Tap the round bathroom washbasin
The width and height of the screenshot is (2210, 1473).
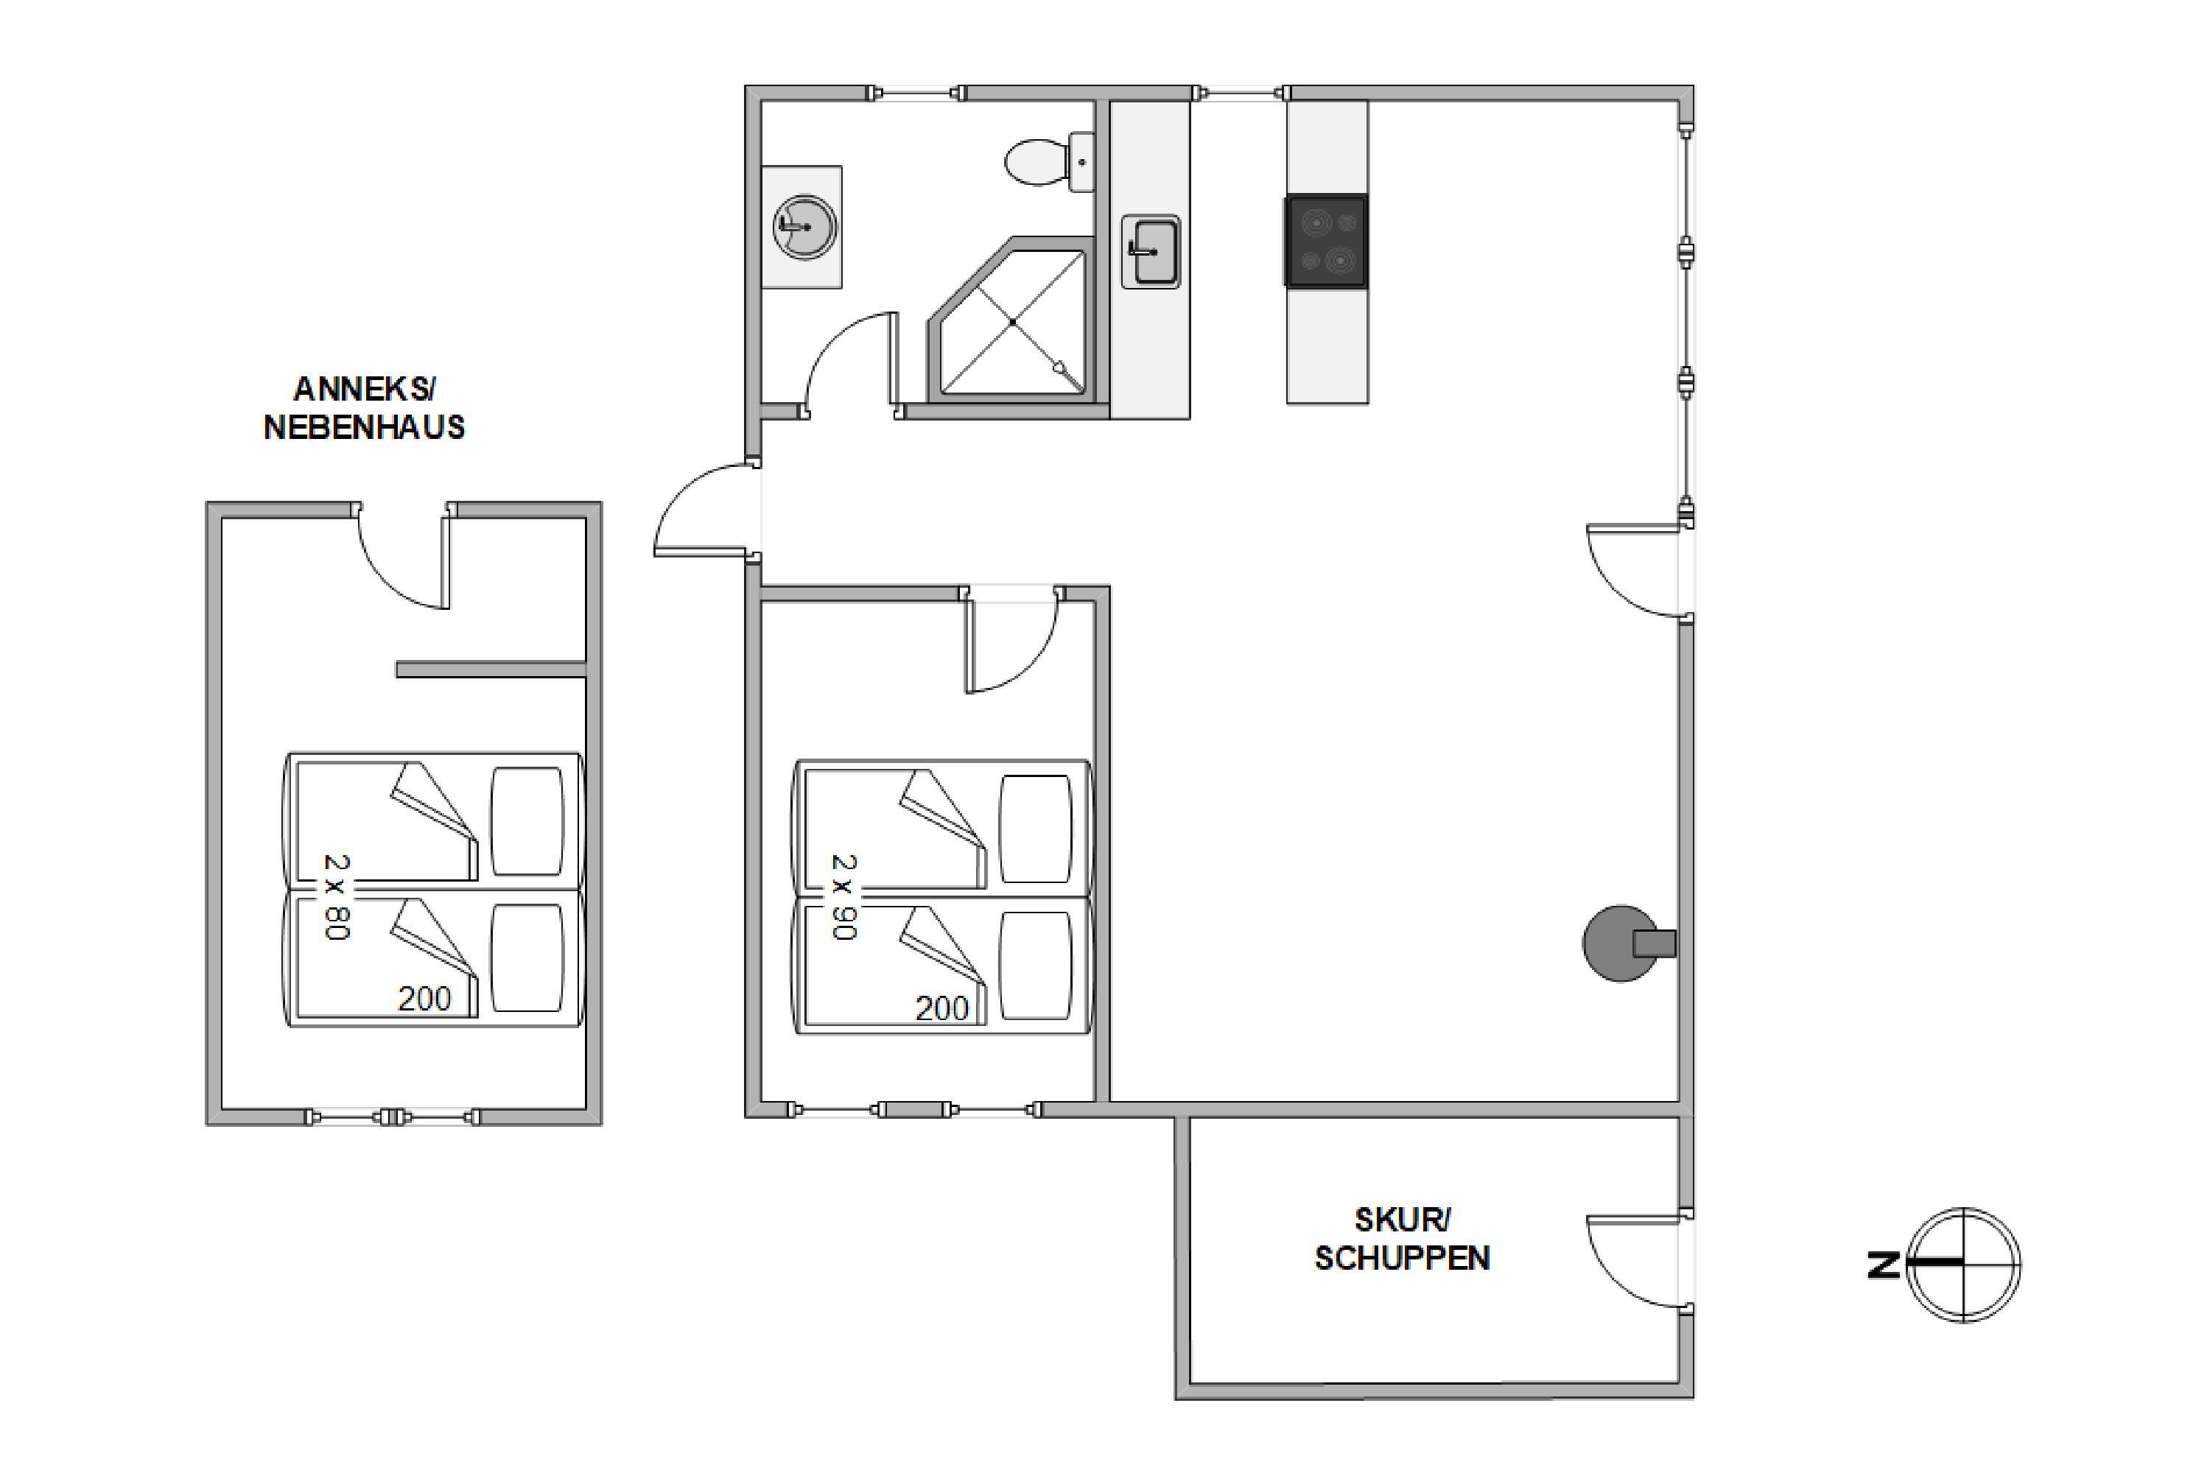pyautogui.click(x=804, y=226)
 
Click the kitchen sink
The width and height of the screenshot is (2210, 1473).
pyautogui.click(x=1150, y=252)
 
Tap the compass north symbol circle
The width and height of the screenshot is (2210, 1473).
pyautogui.click(x=1964, y=1265)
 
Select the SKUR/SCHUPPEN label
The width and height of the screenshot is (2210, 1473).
pyautogui.click(x=1402, y=1239)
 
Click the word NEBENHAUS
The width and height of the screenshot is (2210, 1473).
pyautogui.click(x=365, y=427)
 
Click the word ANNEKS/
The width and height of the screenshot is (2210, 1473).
pyautogui.click(x=365, y=388)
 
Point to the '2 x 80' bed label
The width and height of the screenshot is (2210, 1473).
pyautogui.click(x=337, y=896)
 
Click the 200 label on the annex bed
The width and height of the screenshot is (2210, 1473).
pyautogui.click(x=425, y=999)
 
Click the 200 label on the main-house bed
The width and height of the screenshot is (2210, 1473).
pyautogui.click(x=941, y=1008)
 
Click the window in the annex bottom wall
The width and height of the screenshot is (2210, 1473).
pyautogui.click(x=393, y=1117)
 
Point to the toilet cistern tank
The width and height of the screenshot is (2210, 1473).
pyautogui.click(x=1082, y=163)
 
